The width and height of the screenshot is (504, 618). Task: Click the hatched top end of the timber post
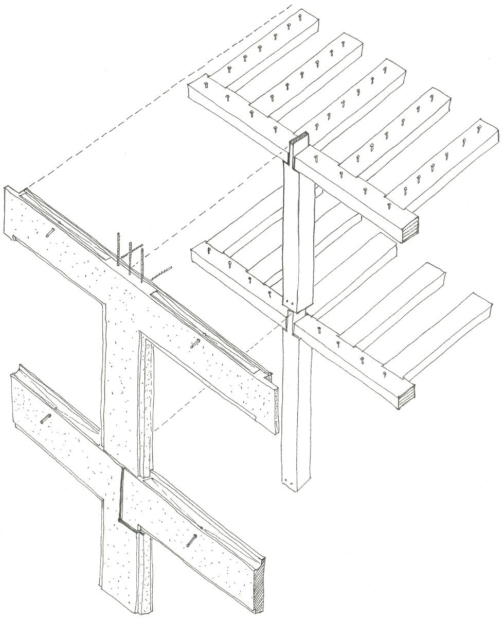[x=298, y=138]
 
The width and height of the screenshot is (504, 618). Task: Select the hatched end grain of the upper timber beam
[x=410, y=227]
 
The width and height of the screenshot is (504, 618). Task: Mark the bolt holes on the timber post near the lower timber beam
[x=291, y=303]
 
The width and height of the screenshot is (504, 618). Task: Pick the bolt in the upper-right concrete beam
[x=196, y=344]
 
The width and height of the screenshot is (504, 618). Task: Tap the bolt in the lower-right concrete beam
[x=191, y=541]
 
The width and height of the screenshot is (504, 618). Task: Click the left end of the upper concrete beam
[x=10, y=211]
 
